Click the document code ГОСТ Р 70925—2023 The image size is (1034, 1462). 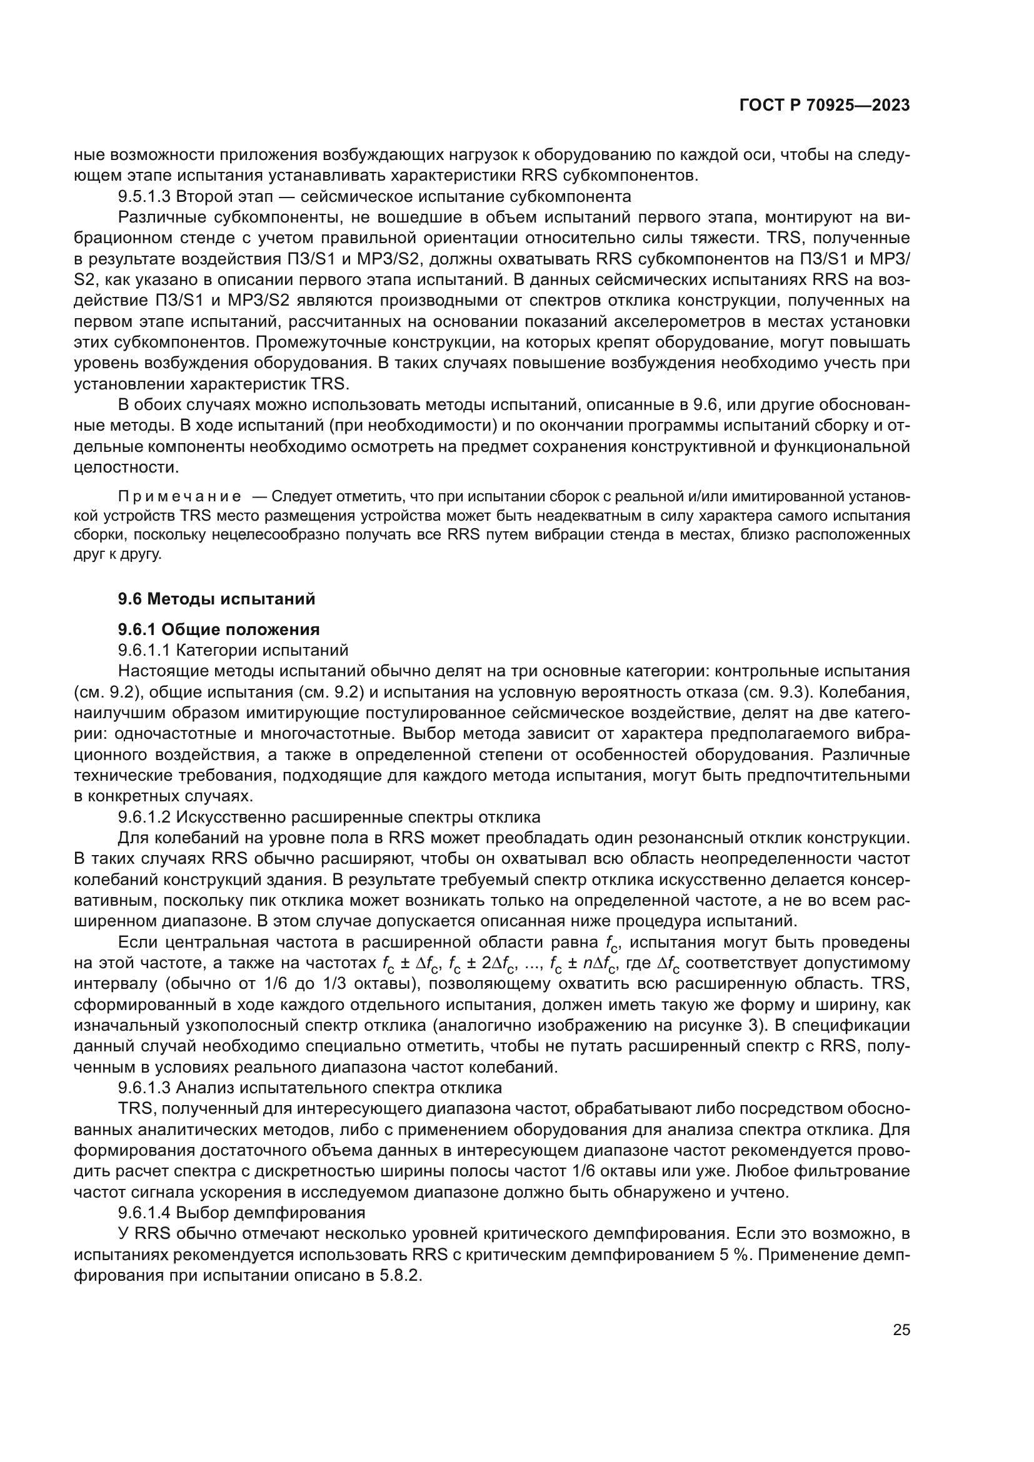point(824,106)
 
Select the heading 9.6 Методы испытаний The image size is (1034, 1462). point(216,599)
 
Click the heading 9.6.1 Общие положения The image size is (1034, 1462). point(218,629)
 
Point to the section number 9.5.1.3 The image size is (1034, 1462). point(144,196)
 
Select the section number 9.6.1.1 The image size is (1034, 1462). point(144,650)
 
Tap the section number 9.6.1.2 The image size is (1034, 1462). point(144,817)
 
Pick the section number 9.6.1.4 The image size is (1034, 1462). point(144,1213)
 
